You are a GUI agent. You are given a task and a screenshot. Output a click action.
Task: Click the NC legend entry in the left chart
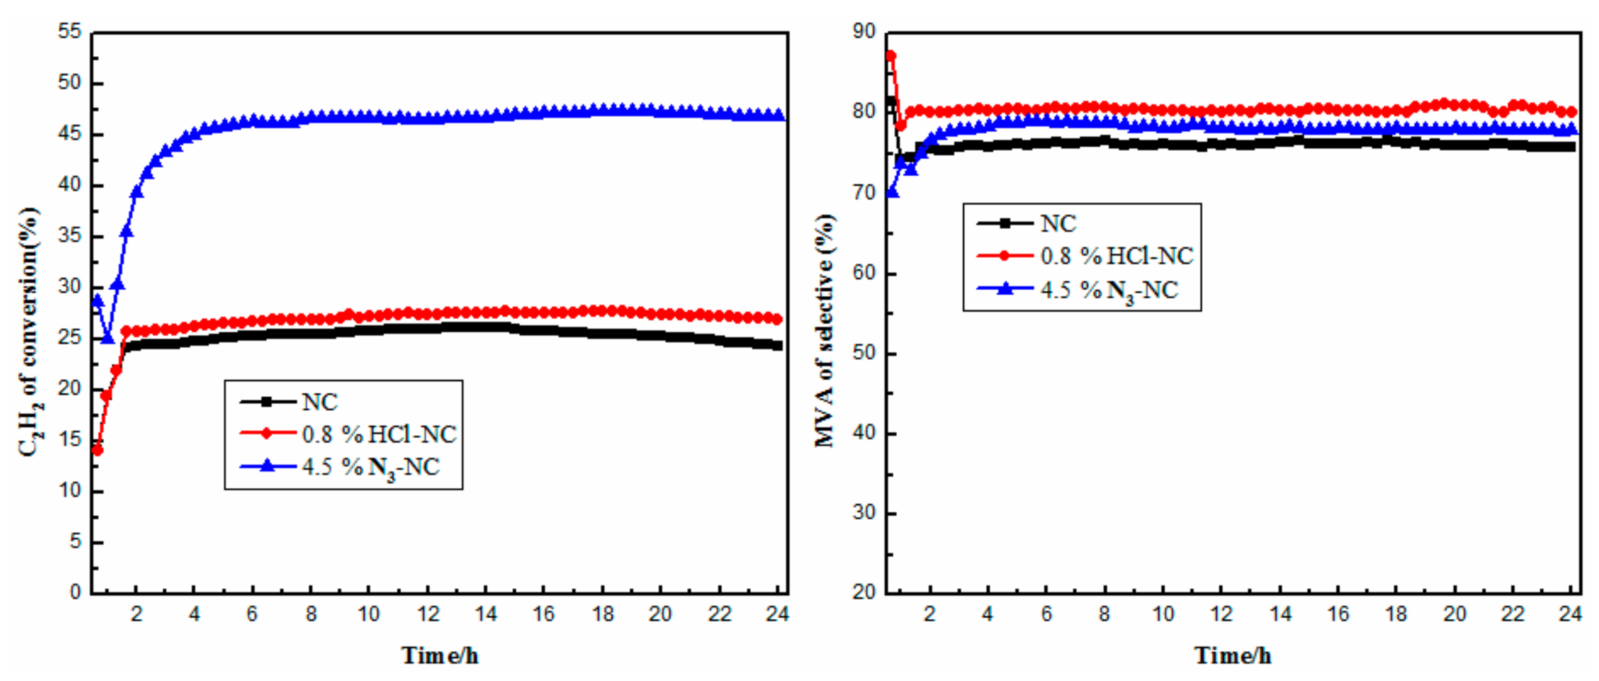320,402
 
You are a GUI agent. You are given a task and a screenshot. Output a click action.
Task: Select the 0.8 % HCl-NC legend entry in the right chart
1117,256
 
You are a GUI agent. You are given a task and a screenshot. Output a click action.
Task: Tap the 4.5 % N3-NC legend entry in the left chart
370,467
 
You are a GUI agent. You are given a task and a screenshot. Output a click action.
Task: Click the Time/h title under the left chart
440,656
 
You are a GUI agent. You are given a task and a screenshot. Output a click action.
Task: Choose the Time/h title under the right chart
1233,656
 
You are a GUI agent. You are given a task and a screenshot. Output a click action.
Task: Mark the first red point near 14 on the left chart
98,450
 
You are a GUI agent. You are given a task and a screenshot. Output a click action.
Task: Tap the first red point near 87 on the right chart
891,56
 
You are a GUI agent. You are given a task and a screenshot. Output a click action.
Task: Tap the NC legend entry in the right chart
1058,224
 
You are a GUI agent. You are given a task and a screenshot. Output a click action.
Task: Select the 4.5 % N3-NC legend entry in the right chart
1109,290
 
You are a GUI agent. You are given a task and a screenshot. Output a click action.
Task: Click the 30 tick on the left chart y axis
70,287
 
